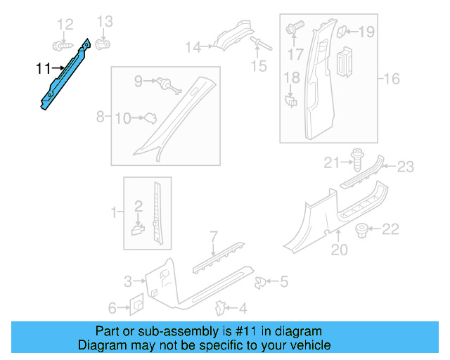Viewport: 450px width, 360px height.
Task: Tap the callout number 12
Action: [65, 25]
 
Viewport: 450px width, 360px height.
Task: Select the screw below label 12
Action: [63, 44]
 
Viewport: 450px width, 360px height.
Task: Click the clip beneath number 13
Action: [103, 43]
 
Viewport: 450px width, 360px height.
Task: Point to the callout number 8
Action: [100, 115]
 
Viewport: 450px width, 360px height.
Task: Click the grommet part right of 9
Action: [167, 84]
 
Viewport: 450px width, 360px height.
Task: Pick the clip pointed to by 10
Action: [148, 119]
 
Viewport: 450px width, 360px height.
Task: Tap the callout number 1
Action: [113, 211]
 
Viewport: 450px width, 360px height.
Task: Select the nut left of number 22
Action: [363, 229]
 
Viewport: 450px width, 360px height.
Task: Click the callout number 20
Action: [339, 249]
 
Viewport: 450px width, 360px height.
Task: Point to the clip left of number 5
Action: [259, 282]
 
